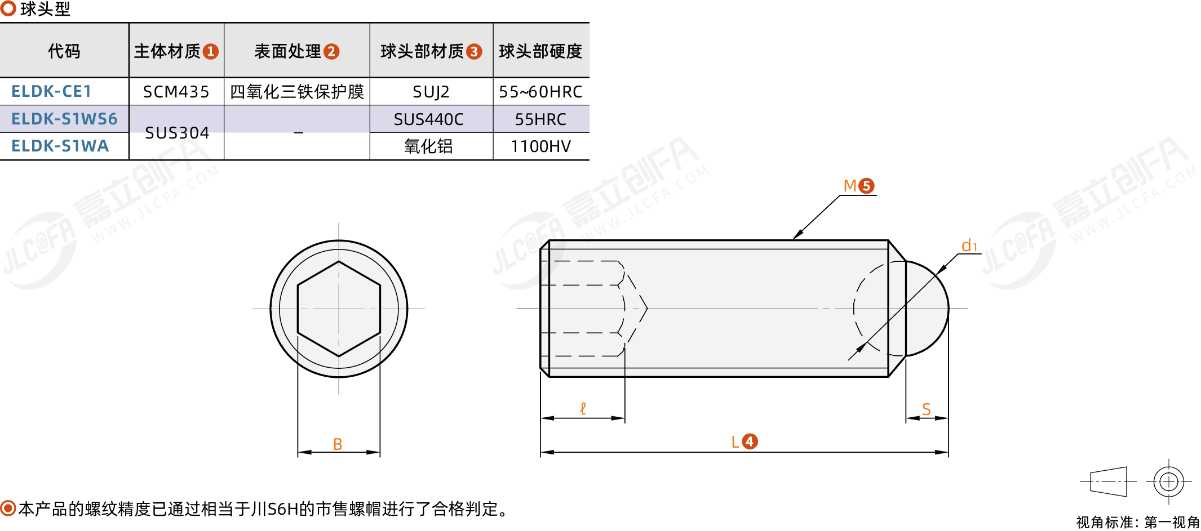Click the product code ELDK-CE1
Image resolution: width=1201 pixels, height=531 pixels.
click(51, 91)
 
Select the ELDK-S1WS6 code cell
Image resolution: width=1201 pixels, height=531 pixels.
click(64, 119)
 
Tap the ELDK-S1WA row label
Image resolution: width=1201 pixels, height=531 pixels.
click(60, 146)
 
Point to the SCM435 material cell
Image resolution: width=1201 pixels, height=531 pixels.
click(176, 92)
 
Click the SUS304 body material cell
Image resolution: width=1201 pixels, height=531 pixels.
click(177, 133)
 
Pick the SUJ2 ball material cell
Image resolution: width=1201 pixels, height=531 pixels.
click(431, 92)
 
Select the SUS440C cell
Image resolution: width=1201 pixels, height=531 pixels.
click(428, 119)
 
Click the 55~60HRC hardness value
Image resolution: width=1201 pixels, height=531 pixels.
click(540, 92)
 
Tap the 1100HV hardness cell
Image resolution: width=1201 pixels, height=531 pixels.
click(540, 146)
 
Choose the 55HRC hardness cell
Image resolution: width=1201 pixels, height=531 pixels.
click(540, 119)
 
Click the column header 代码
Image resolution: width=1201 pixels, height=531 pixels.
click(64, 51)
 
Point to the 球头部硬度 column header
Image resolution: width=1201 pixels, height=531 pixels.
click(540, 51)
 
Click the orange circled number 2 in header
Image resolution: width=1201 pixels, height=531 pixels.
click(331, 52)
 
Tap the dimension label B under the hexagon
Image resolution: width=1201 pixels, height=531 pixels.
click(338, 444)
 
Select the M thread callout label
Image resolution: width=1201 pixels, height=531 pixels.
click(850, 186)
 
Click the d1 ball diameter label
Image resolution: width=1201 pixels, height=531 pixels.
click(969, 246)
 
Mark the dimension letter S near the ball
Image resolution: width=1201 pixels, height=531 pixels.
click(926, 409)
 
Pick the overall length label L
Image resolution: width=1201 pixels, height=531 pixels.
click(735, 442)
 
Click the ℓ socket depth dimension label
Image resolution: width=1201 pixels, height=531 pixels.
click(583, 408)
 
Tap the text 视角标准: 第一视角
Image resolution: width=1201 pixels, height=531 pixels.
click(1138, 523)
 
